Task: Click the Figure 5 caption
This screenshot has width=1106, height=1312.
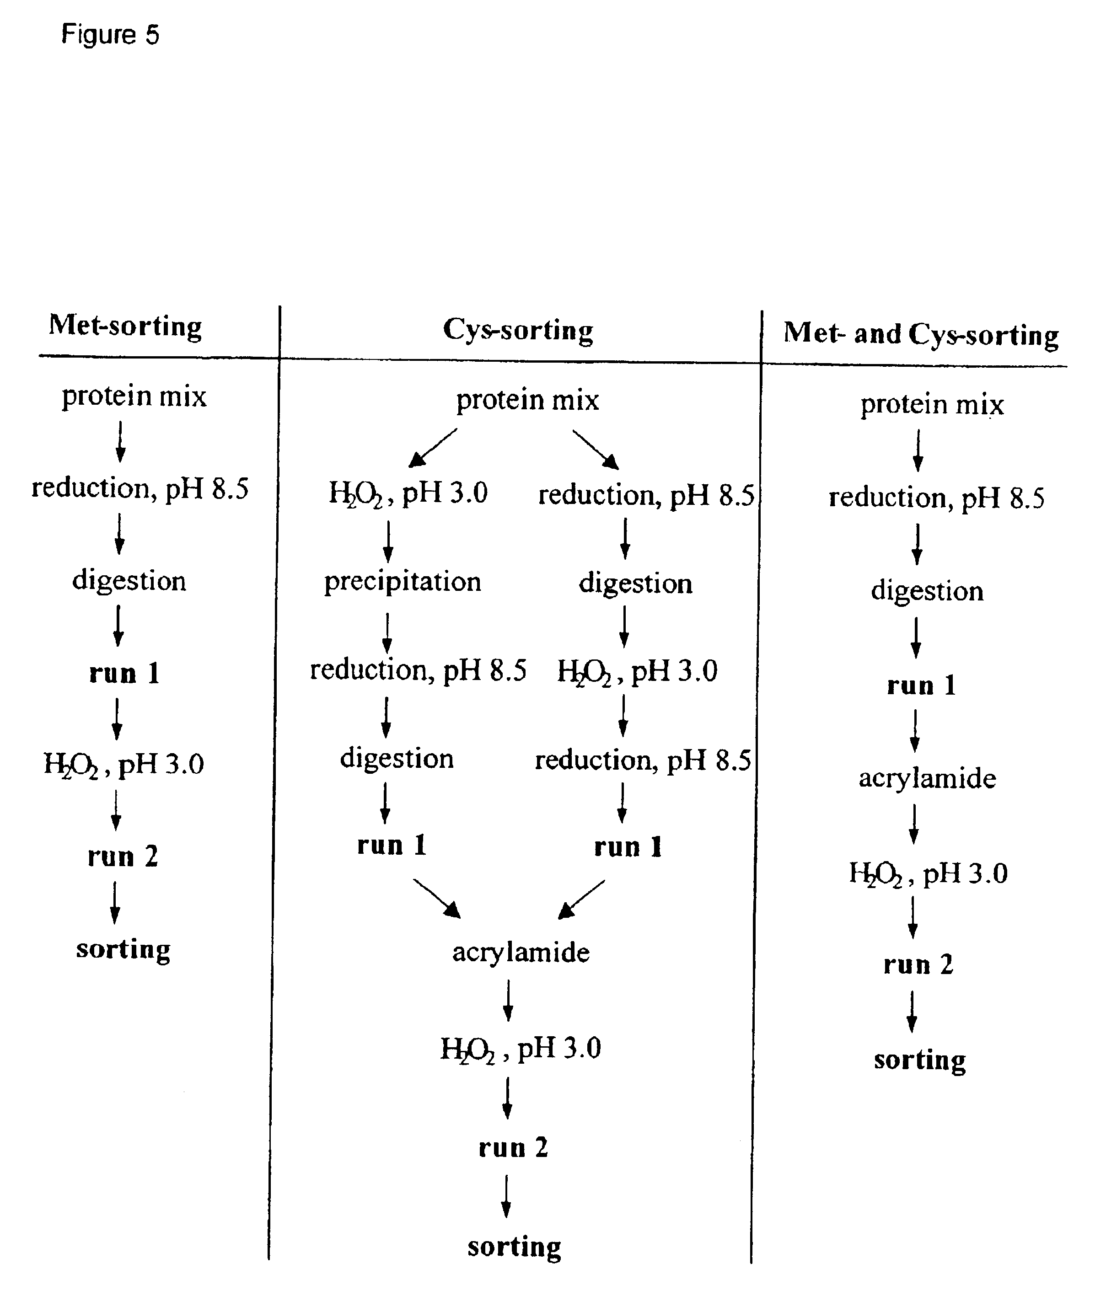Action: pos(110,34)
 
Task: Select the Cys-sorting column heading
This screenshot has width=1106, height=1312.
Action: pos(518,330)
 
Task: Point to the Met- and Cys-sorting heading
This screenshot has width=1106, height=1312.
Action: pos(920,334)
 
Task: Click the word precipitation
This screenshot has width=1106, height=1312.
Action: pos(403,582)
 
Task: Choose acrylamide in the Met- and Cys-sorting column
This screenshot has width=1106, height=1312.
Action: pos(927,778)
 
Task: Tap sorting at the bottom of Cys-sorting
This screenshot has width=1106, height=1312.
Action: pos(514,1247)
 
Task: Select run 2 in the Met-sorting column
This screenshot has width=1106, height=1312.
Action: pos(123,856)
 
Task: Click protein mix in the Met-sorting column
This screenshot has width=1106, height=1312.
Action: pos(134,396)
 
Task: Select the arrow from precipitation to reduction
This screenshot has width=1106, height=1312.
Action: pos(387,632)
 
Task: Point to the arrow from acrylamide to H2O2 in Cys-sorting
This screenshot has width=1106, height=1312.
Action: pos(509,1001)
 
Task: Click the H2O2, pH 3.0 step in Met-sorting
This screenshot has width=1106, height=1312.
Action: pos(124,764)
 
